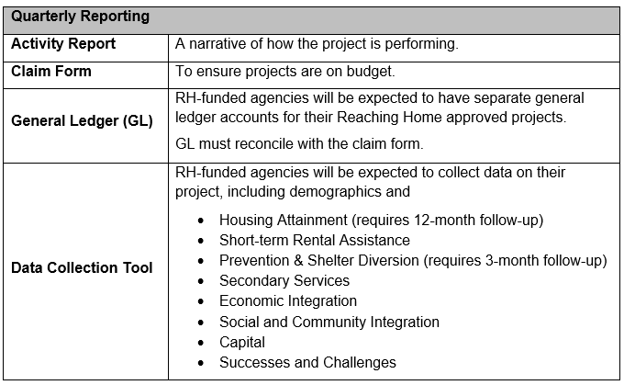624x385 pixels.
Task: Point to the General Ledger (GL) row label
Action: coord(81,121)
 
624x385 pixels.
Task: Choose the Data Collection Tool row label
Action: coord(81,268)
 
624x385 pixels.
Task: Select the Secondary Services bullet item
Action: coord(284,280)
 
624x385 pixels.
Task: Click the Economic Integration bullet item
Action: coord(287,300)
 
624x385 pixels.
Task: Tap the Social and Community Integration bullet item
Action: coord(329,322)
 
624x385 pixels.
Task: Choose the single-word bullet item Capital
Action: coord(241,342)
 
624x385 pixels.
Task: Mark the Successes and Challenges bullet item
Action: coord(307,362)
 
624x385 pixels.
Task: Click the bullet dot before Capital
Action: coord(201,343)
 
